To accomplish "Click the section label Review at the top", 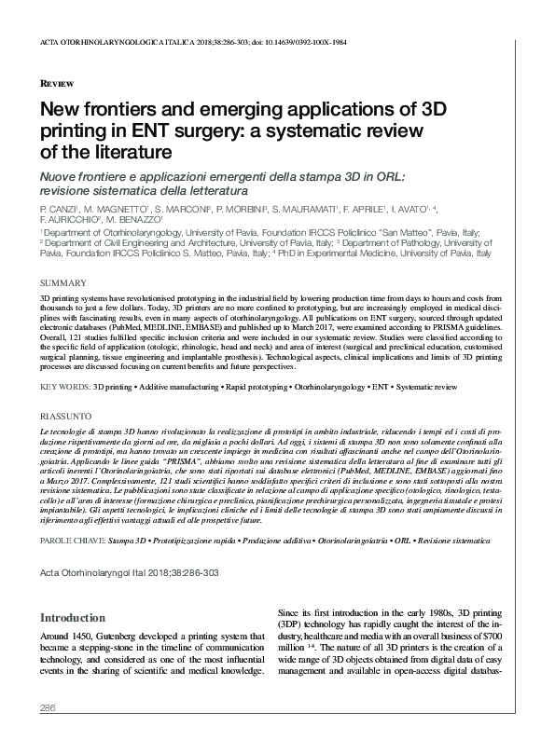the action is click(x=58, y=83).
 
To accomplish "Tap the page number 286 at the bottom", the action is click(x=49, y=710).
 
